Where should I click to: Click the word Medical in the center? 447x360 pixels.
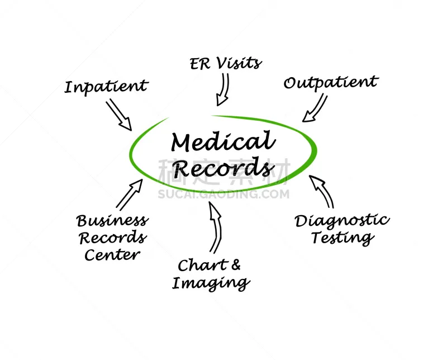click(x=223, y=141)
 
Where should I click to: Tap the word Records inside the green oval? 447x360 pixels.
click(x=223, y=167)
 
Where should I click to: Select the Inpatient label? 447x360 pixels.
click(x=106, y=87)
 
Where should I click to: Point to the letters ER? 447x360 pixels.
click(x=200, y=64)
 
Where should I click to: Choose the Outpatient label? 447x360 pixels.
click(x=331, y=83)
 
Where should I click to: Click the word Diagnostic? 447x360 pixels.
click(x=342, y=221)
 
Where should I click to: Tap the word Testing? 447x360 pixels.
click(x=343, y=238)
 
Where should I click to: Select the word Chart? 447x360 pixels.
click(x=203, y=266)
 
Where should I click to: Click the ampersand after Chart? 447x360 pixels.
click(x=236, y=264)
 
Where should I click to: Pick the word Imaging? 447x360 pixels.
click(x=211, y=283)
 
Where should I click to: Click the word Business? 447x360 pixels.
click(x=112, y=221)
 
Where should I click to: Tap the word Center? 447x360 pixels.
click(x=112, y=254)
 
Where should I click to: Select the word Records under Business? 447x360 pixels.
click(x=113, y=238)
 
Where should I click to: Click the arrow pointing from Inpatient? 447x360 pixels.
click(x=119, y=115)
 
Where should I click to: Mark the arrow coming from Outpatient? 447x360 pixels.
click(x=315, y=108)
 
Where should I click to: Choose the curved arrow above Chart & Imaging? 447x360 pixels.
click(x=216, y=227)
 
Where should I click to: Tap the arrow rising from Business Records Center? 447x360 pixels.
click(x=129, y=195)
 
